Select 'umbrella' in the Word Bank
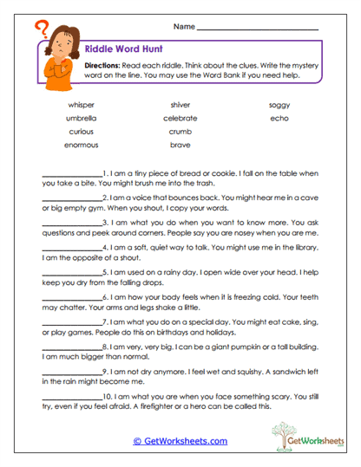click(x=81, y=118)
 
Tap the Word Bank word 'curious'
click(x=81, y=132)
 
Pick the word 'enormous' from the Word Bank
click(x=81, y=145)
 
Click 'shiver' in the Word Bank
click(x=180, y=105)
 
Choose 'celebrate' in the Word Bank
click(x=180, y=118)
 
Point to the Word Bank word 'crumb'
click(x=180, y=132)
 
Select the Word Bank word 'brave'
click(x=180, y=145)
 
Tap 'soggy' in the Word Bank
click(x=279, y=105)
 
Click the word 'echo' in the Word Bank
click(x=279, y=118)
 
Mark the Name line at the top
click(x=258, y=29)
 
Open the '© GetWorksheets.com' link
click(x=180, y=441)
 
